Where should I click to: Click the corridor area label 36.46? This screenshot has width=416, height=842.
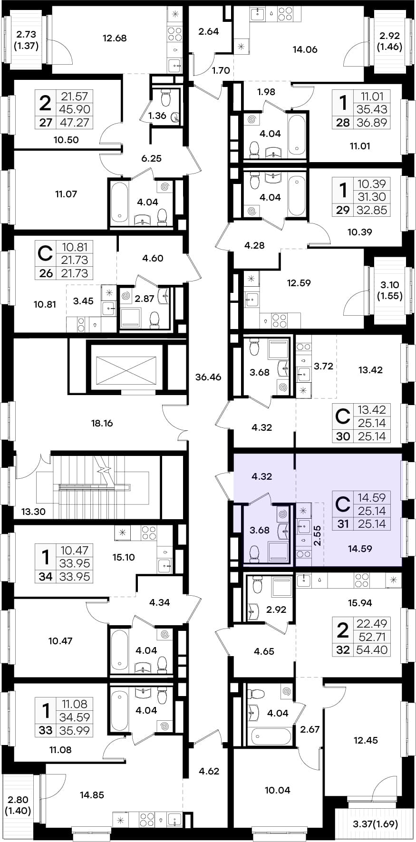coord(208,377)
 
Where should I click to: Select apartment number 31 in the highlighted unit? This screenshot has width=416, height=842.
coord(343,524)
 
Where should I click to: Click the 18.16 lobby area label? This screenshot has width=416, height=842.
coord(102,423)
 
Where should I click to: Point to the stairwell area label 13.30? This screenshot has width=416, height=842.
coord(33,512)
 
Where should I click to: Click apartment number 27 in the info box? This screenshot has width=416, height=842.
coord(46,122)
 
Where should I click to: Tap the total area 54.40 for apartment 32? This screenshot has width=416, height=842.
coord(372,650)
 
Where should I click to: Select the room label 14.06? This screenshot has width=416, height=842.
coord(305,49)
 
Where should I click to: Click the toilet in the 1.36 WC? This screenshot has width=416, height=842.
coord(166,98)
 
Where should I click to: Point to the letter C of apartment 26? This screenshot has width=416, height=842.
coord(45,253)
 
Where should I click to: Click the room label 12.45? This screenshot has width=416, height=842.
coord(366,740)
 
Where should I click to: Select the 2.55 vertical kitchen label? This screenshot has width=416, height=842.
coord(317,535)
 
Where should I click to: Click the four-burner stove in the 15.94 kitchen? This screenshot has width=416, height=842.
coord(362,580)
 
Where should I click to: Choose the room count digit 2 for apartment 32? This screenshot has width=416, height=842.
coord(342,630)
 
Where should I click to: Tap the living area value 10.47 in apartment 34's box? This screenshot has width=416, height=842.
coord(75,550)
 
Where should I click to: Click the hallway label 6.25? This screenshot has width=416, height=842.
coord(151,158)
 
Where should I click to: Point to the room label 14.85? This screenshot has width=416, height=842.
coord(92,794)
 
